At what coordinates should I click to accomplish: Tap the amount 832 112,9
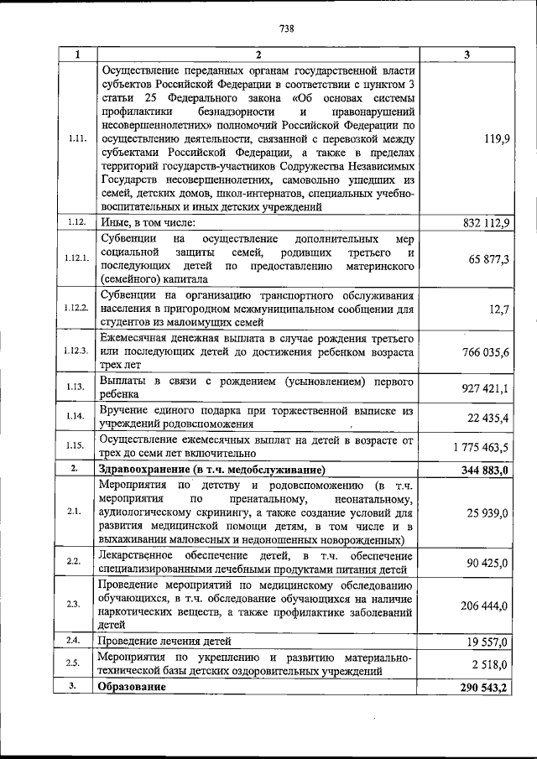click(486, 222)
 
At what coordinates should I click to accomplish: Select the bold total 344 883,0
click(485, 470)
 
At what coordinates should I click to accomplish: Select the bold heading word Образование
click(132, 687)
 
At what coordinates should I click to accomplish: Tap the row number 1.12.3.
click(76, 351)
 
